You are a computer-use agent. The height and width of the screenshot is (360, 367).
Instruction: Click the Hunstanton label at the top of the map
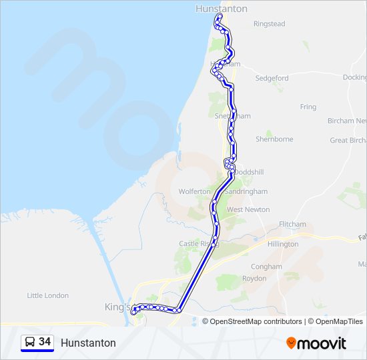click(x=222, y=9)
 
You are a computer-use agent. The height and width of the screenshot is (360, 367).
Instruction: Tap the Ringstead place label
click(x=269, y=24)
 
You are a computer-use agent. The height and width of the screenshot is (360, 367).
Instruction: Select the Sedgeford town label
click(x=272, y=78)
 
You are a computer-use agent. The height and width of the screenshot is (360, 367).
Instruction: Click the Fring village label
click(x=308, y=107)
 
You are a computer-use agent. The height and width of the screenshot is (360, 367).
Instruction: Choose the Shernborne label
click(x=274, y=139)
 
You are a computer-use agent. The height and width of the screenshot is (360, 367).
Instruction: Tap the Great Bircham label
click(x=348, y=140)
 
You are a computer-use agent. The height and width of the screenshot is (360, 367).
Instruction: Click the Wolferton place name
click(x=194, y=191)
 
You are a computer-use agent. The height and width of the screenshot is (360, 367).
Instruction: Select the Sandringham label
click(x=246, y=191)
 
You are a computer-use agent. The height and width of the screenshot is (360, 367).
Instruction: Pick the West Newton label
click(x=248, y=209)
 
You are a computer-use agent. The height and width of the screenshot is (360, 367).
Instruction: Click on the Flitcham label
click(x=292, y=224)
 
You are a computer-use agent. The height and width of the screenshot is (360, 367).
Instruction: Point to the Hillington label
click(x=283, y=244)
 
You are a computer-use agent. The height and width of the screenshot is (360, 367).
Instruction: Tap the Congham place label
click(x=266, y=267)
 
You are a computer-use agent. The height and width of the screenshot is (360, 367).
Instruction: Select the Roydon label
click(x=254, y=278)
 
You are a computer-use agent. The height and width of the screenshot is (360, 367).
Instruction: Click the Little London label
click(x=47, y=295)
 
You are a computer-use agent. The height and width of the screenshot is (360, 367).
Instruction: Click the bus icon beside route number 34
click(x=30, y=342)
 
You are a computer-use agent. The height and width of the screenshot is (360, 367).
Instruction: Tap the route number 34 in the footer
click(x=45, y=342)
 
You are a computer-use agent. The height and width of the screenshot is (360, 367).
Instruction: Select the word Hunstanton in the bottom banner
click(x=88, y=343)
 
